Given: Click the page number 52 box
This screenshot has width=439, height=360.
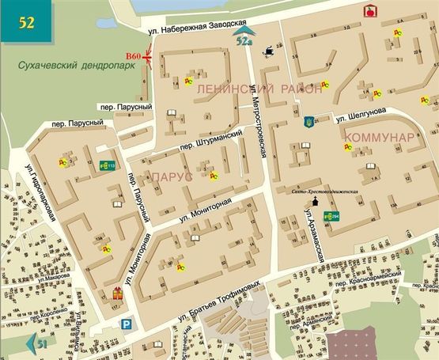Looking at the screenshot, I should coord(27,21).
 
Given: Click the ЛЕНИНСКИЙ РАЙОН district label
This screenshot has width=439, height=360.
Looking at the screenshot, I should coord(259,89).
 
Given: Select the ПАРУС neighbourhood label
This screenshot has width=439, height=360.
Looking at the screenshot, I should coord(172,178).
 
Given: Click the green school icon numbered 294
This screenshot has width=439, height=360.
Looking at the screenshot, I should coord(335,217).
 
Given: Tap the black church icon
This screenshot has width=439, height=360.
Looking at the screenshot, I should coord(317,203).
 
